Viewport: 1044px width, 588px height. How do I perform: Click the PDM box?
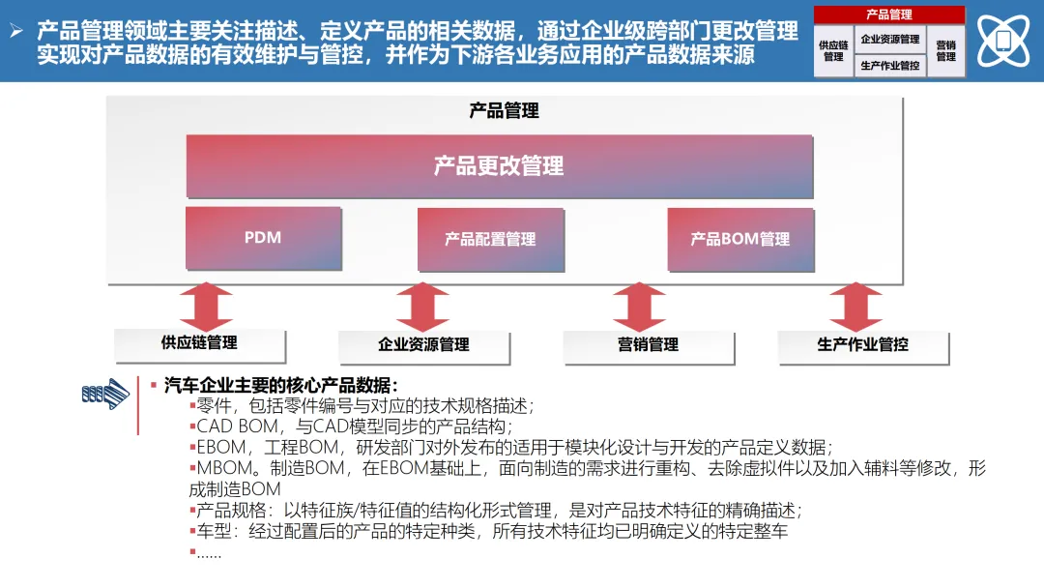[263, 237]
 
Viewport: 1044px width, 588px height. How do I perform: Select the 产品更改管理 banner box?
[499, 166]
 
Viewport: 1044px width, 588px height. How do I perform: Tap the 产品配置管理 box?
[490, 239]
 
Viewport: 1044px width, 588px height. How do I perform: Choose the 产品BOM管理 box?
[739, 239]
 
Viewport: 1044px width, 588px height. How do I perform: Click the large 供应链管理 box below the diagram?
[199, 343]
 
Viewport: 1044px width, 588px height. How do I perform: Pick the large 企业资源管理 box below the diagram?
[423, 345]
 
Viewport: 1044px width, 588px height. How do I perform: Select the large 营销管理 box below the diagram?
[648, 345]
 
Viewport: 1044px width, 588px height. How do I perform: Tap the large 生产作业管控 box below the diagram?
[862, 345]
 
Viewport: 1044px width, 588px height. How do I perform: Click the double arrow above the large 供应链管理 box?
[205, 306]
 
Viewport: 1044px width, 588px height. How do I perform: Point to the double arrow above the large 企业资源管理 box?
[423, 307]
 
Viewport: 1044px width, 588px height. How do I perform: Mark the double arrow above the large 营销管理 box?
[639, 307]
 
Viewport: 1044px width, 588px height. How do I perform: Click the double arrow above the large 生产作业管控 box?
[855, 307]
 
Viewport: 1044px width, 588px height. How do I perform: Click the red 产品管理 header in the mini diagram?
[889, 15]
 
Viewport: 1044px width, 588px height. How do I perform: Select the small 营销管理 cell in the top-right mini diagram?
[945, 50]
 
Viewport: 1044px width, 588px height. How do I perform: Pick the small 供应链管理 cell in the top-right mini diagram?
[833, 50]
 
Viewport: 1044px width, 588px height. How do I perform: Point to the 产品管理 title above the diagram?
[504, 111]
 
